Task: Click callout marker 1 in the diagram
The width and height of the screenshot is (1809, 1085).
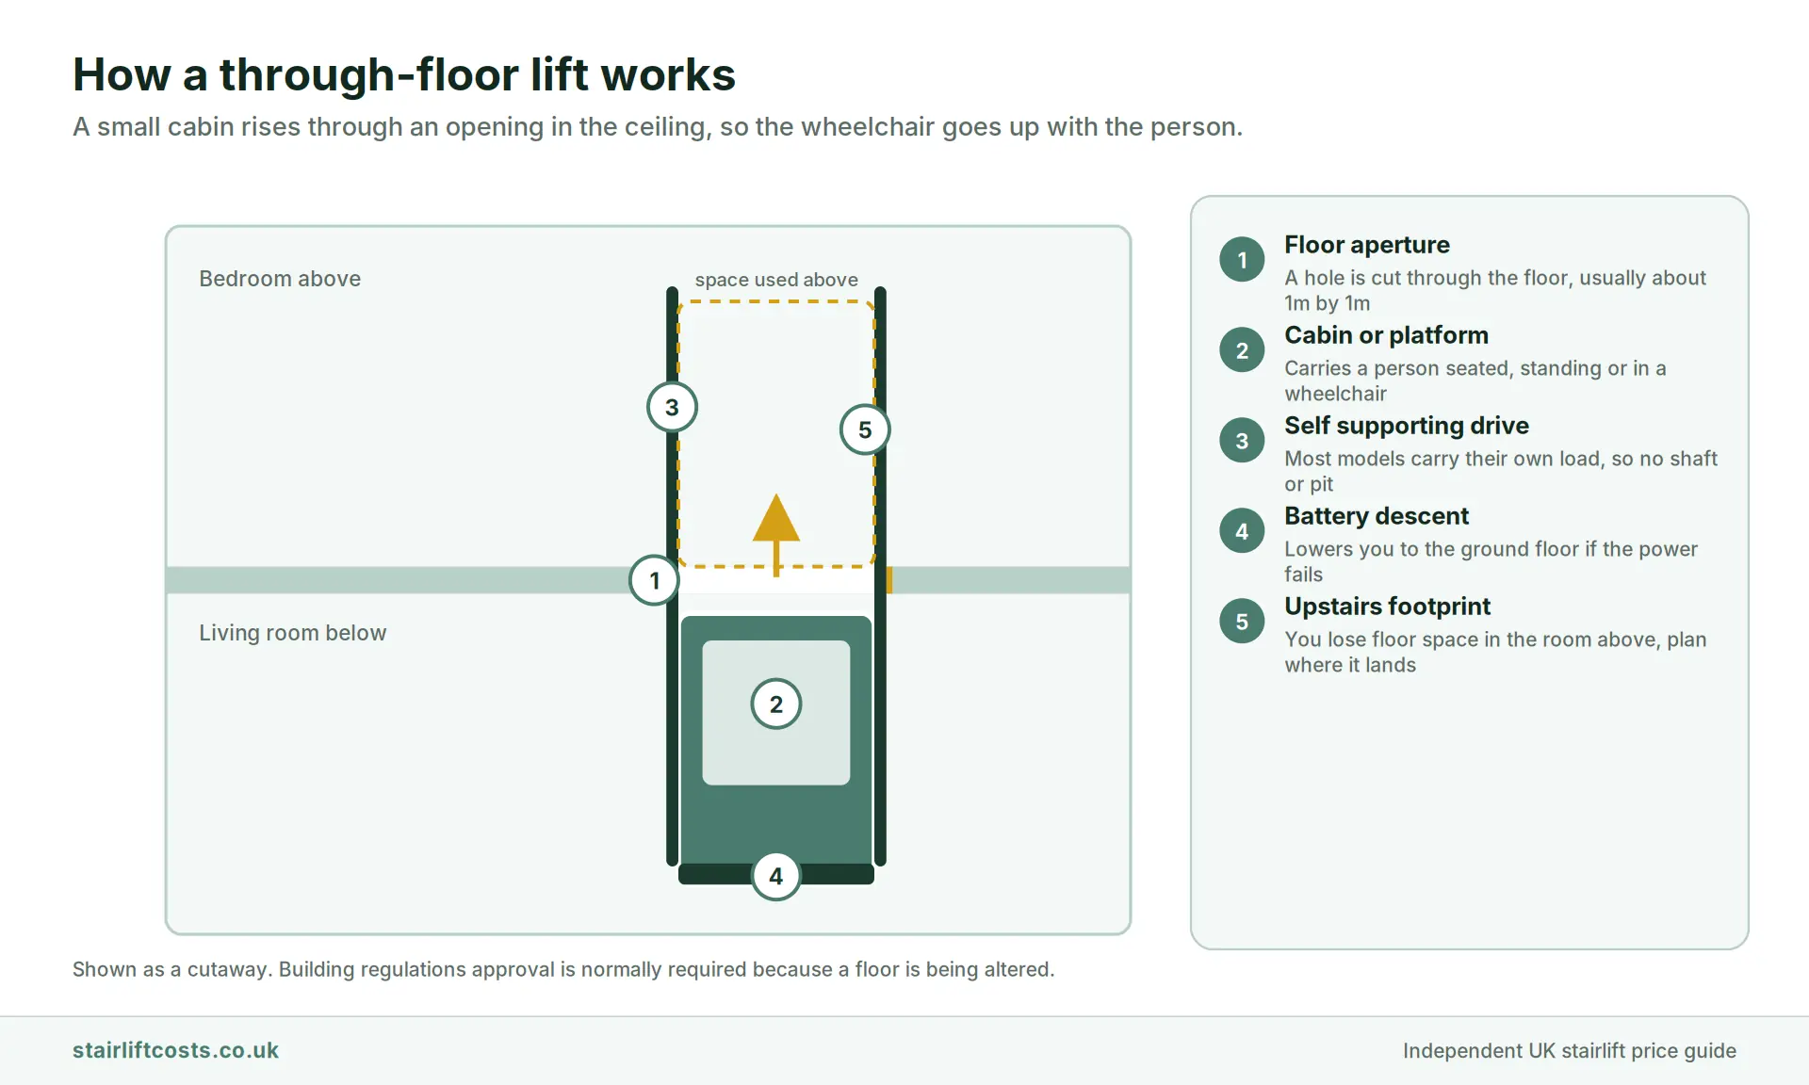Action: [x=654, y=580]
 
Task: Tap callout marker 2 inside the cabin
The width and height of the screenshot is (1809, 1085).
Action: [x=776, y=704]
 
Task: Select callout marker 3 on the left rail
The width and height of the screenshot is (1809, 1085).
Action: [x=672, y=407]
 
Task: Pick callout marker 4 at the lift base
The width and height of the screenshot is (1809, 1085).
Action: [x=775, y=876]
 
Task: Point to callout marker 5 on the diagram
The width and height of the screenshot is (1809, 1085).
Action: [x=865, y=429]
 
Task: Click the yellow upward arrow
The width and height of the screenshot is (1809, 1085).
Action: [x=776, y=534]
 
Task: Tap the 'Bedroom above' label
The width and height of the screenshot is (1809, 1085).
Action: [x=280, y=279]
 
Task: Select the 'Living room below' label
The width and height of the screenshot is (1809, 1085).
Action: [x=293, y=633]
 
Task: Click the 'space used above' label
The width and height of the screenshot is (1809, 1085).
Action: [x=776, y=280]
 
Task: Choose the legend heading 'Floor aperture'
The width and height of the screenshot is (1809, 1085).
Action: [x=1367, y=245]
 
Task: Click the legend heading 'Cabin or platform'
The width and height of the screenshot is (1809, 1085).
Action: [x=1387, y=335]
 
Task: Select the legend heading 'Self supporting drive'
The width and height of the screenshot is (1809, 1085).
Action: [x=1407, y=426]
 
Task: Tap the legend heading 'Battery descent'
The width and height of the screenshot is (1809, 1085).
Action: [x=1377, y=516]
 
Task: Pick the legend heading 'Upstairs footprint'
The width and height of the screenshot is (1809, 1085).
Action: [x=1388, y=607]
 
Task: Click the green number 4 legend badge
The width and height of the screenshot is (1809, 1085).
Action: [x=1242, y=531]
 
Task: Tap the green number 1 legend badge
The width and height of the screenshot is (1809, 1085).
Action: [x=1242, y=260]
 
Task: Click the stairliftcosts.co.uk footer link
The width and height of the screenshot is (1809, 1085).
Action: [x=175, y=1050]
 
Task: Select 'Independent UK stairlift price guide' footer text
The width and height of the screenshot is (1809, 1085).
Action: [x=1570, y=1050]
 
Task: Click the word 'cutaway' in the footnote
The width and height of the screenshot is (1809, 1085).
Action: [x=227, y=969]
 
